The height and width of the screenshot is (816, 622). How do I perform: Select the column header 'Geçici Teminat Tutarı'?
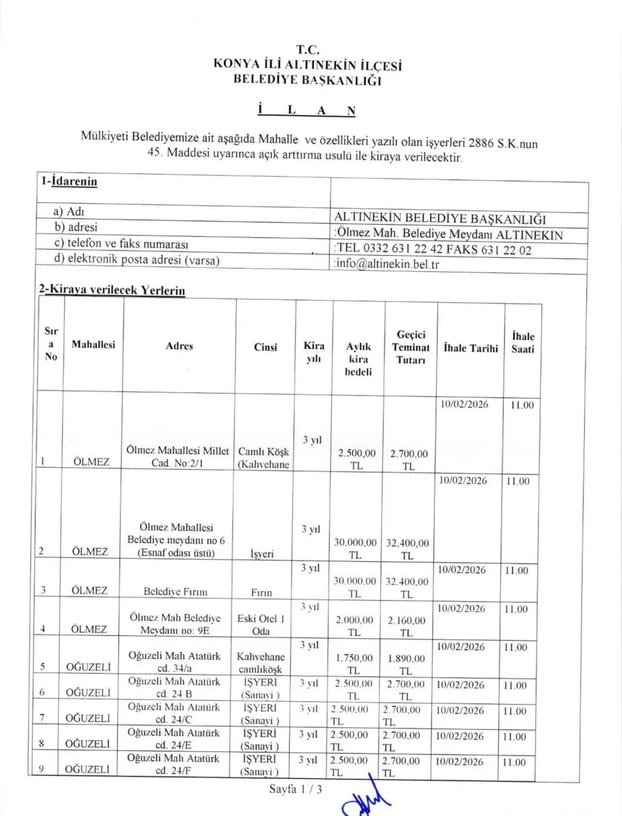pos(411,347)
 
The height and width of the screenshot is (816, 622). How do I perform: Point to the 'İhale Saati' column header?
pos(522,342)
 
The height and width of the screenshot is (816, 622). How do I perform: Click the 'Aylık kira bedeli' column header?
pos(358,359)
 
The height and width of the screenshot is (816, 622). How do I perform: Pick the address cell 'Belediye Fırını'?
pos(175,591)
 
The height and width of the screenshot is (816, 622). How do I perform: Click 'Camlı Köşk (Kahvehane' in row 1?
pos(263,458)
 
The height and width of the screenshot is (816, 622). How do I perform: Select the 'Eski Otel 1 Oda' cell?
pos(261,625)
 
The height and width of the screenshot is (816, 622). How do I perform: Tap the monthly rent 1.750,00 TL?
pos(354,664)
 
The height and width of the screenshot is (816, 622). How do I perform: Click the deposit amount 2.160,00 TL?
pos(406,626)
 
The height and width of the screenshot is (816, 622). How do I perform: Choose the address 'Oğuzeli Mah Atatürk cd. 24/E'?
pos(173,739)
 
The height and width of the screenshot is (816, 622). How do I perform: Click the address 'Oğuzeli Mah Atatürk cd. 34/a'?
pos(174,662)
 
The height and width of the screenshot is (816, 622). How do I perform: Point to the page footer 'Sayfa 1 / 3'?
pos(295,789)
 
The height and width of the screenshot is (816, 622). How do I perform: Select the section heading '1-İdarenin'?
pos(69,181)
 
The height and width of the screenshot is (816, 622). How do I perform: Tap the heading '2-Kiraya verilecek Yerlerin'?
pos(112,290)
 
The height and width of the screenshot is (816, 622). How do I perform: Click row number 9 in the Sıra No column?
pos(41,769)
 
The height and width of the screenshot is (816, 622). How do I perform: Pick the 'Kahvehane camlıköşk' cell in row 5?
pos(260,663)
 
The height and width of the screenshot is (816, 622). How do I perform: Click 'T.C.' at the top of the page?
pos(308,50)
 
